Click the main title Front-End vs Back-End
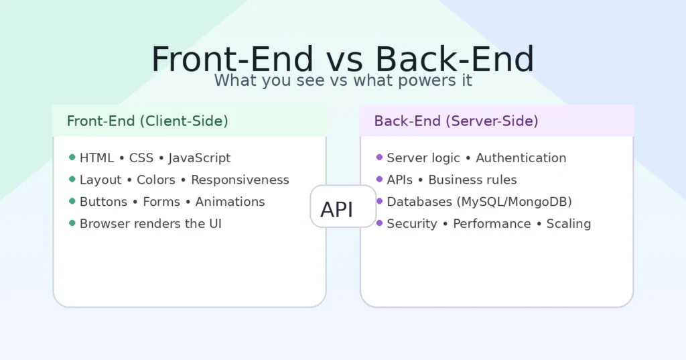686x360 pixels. [x=342, y=60]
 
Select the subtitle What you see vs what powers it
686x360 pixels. [x=343, y=81]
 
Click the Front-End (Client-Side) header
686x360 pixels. [x=147, y=121]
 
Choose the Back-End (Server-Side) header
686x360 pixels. [x=456, y=121]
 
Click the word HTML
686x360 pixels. [x=96, y=158]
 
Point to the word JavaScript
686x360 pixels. [x=199, y=158]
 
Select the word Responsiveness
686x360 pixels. [x=240, y=180]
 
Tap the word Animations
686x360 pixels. [x=230, y=202]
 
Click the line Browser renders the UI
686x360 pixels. [x=150, y=224]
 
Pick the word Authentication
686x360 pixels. [x=521, y=158]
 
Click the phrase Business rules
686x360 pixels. [x=472, y=180]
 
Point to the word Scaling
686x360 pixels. [x=568, y=224]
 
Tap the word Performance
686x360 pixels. [x=492, y=224]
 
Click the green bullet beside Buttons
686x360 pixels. [x=72, y=201]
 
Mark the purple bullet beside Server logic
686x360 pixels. [x=379, y=158]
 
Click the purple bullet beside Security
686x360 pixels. [x=379, y=223]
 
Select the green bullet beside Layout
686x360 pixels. [x=72, y=179]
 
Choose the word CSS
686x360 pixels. [x=141, y=158]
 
